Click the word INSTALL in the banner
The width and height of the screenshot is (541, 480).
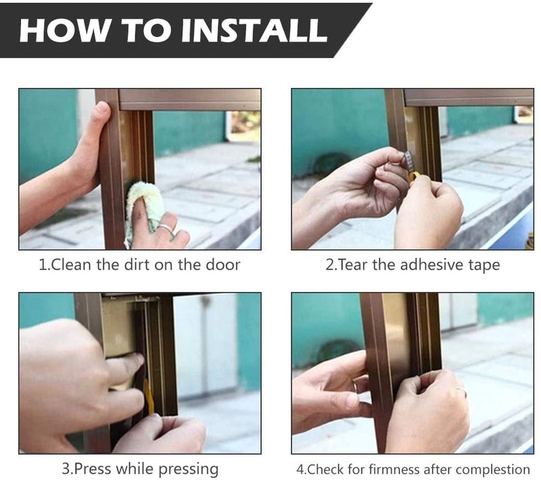point(254,30)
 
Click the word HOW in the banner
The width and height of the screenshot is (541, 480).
point(64,30)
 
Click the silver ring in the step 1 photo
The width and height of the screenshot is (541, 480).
point(166,228)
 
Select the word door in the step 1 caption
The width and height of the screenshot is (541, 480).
point(222,264)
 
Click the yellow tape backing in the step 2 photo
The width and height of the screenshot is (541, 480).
point(413,178)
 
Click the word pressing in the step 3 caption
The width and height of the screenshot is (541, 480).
point(189,470)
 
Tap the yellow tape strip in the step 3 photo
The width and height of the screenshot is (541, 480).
point(149,397)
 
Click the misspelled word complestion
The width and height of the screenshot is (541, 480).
point(495,470)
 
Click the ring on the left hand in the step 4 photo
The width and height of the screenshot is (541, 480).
point(354,386)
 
